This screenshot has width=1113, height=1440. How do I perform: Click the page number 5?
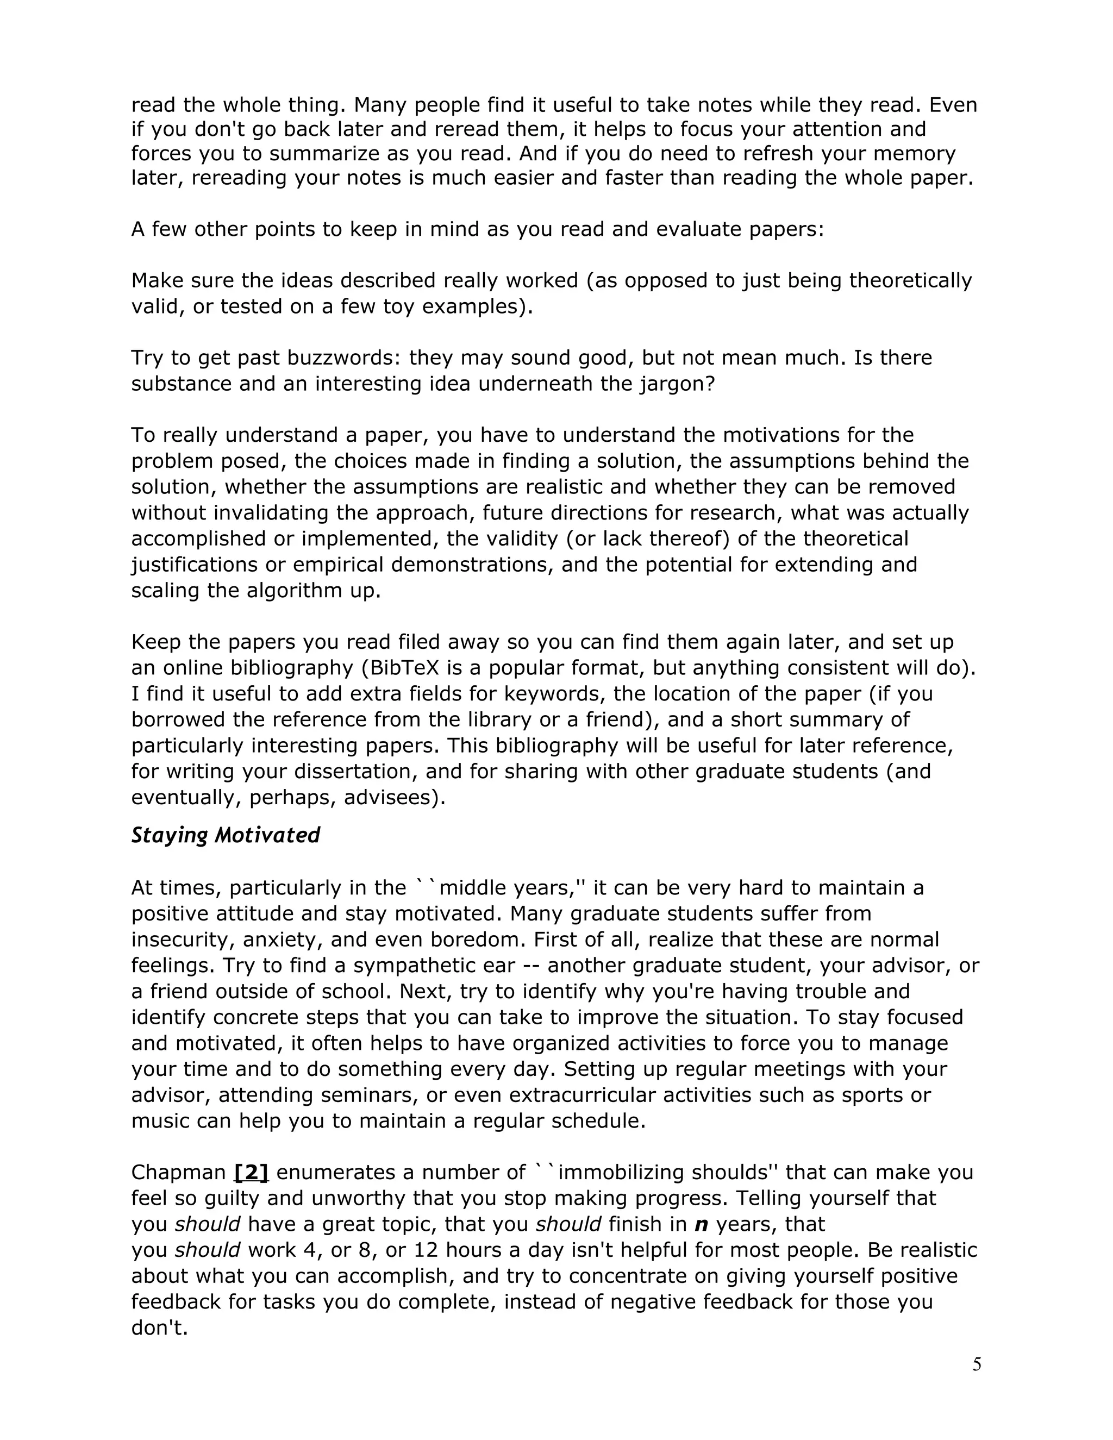pyautogui.click(x=977, y=1363)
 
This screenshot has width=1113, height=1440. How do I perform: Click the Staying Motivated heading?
pyautogui.click(x=225, y=835)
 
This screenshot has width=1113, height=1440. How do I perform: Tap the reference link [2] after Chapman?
pyautogui.click(x=251, y=1172)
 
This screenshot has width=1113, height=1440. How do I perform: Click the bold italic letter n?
pyautogui.click(x=701, y=1224)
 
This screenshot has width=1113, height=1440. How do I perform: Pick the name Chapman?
pyautogui.click(x=179, y=1172)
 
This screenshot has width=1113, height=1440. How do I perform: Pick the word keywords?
pyautogui.click(x=552, y=693)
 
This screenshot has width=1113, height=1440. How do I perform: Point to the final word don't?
pyautogui.click(x=160, y=1328)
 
